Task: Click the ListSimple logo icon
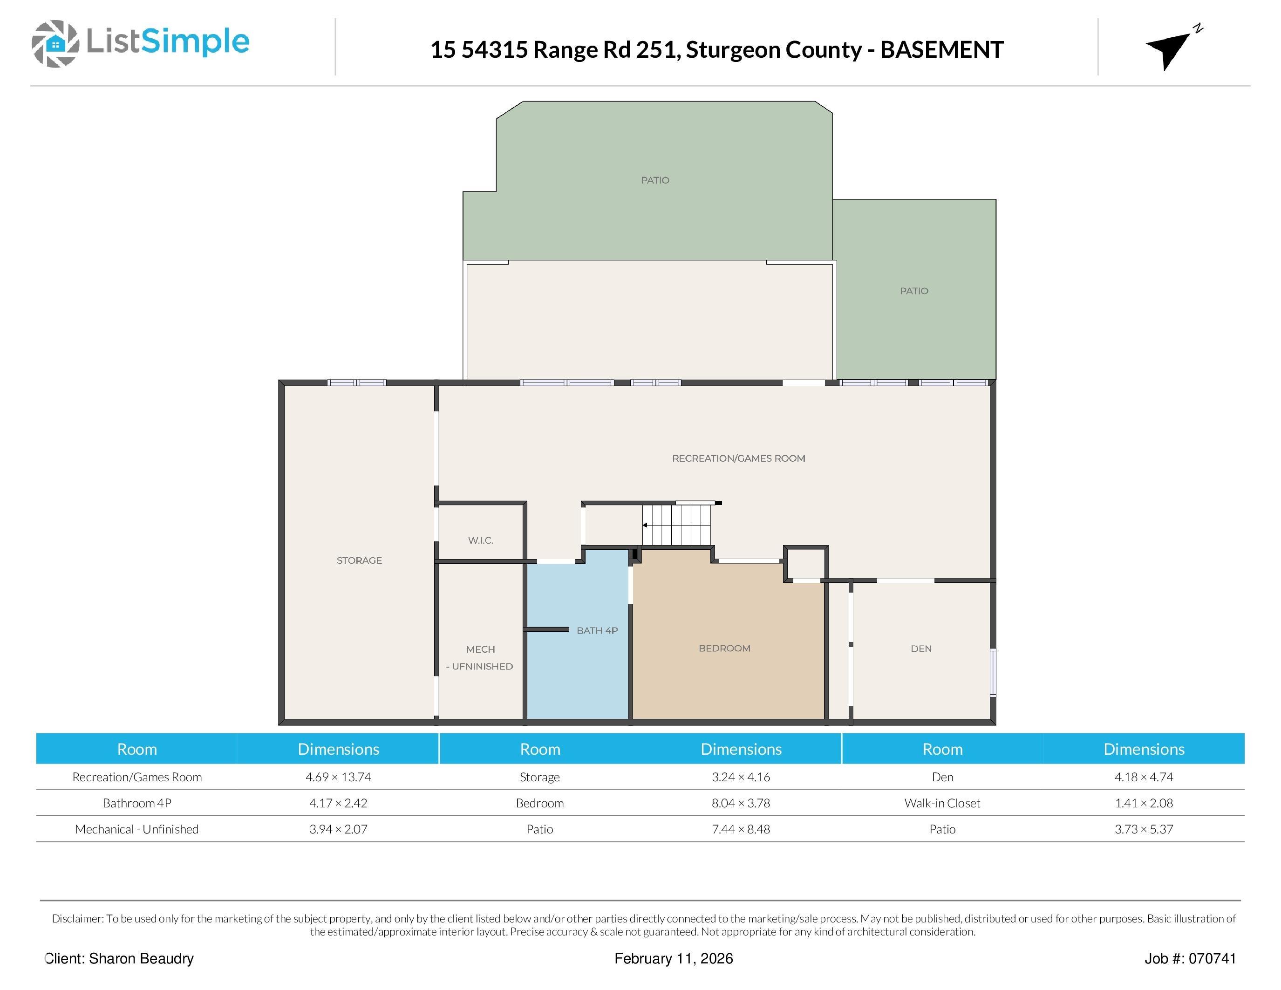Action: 55,43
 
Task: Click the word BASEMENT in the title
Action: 942,50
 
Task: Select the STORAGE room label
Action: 359,560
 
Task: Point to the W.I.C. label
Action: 480,540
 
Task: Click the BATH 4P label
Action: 597,630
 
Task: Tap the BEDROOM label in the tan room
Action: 724,648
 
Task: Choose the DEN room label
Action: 921,649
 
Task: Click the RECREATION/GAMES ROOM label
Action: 738,458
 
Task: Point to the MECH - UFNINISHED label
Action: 480,657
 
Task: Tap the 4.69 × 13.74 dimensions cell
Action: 339,777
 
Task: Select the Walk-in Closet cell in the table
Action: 942,803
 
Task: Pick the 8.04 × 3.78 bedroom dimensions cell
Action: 741,803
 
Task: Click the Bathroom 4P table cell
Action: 136,803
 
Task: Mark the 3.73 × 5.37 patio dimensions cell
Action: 1144,829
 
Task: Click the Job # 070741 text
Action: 1190,959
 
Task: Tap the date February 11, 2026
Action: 674,959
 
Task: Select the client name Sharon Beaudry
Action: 141,959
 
